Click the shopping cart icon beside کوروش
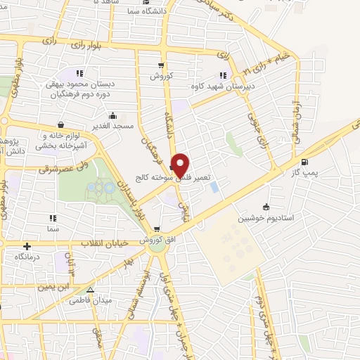click(x=161, y=65)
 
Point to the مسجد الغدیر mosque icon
click(x=112, y=116)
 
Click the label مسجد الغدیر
click(x=112, y=126)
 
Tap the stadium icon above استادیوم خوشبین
click(x=266, y=207)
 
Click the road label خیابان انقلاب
click(x=91, y=243)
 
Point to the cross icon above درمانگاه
click(x=27, y=247)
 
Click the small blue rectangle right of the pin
click(x=214, y=187)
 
